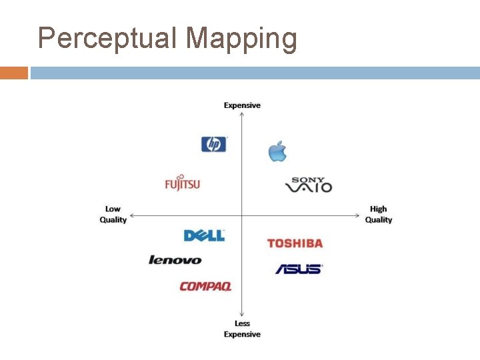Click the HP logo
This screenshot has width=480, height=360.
[214, 144]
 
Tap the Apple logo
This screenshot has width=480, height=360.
[277, 151]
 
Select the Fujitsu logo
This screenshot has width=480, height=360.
[182, 183]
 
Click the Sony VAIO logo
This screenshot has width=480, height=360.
[309, 185]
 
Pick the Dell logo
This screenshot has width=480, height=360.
[204, 235]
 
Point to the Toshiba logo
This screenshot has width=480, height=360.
[295, 243]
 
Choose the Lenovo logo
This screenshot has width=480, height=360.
[175, 260]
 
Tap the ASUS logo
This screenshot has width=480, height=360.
[299, 269]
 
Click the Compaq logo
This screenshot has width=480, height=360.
[205, 287]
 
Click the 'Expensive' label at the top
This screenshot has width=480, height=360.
[242, 105]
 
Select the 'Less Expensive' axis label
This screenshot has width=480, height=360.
[242, 329]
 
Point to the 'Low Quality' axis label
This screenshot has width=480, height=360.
[113, 215]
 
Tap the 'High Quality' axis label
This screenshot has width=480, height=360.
[379, 215]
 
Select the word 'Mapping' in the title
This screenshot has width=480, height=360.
[241, 38]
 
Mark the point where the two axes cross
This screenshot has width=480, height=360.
[241, 215]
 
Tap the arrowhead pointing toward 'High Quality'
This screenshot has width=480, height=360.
[358, 215]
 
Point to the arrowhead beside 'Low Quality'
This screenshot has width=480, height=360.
[133, 215]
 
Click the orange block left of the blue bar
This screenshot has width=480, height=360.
[14, 73]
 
